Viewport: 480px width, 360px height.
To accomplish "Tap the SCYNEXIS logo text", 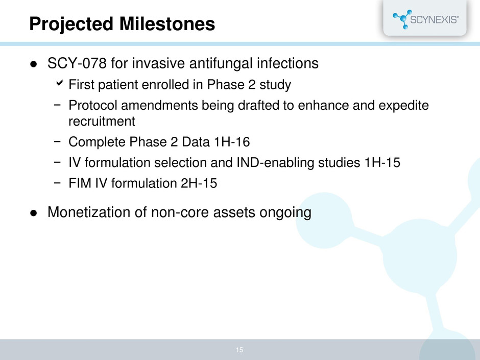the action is coord(434,19).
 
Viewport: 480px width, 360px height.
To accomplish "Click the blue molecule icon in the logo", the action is coord(402,19).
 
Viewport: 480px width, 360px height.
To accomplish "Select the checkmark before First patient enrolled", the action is coord(59,83).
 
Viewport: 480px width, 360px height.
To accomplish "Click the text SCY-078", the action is coord(77,63).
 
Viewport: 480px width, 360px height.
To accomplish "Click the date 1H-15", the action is coord(382,162).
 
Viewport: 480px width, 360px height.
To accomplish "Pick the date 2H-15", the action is coord(199,183).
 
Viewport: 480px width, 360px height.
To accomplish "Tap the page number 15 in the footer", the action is coord(239,350).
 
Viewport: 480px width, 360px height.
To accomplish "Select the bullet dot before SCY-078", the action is coord(33,64).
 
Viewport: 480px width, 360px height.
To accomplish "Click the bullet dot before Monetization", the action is coord(33,213).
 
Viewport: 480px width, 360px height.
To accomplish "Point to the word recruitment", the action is coord(102,121).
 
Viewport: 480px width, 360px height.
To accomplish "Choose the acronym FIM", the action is coord(80,183).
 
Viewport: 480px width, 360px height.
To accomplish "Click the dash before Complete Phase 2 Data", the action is coord(57,142).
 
